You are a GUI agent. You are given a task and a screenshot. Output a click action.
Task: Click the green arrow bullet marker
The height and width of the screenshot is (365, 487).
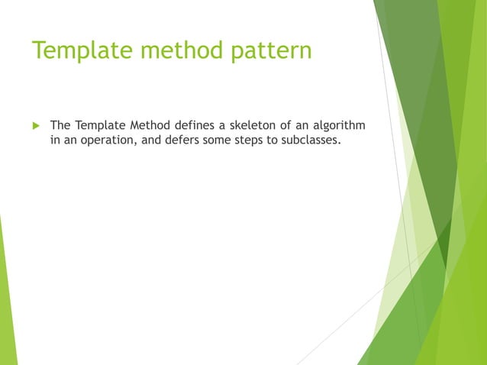point(34,125)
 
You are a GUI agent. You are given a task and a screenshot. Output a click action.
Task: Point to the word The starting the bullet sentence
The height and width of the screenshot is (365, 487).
point(61,124)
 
